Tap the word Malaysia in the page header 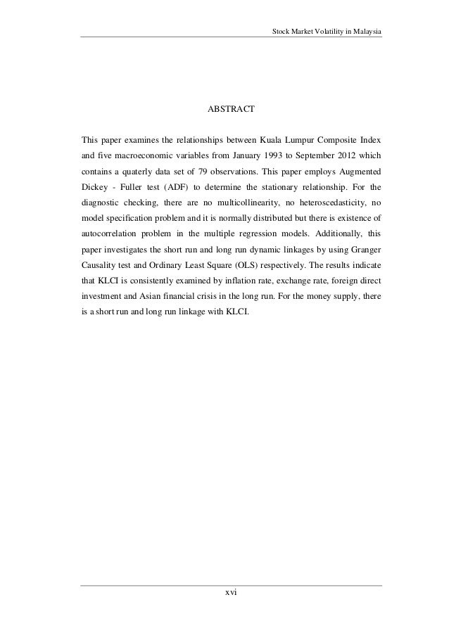coord(364,30)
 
